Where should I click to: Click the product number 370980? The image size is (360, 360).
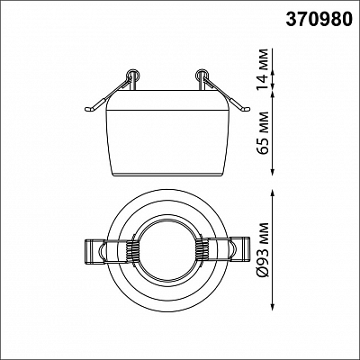pos(319,20)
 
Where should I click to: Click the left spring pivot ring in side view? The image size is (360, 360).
pos(132,75)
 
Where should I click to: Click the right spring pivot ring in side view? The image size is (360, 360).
pos(202,75)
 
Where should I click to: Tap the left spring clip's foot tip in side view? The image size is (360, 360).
pos(87,110)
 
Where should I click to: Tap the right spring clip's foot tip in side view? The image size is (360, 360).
pos(247,110)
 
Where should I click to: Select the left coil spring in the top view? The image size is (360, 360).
pos(131,250)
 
